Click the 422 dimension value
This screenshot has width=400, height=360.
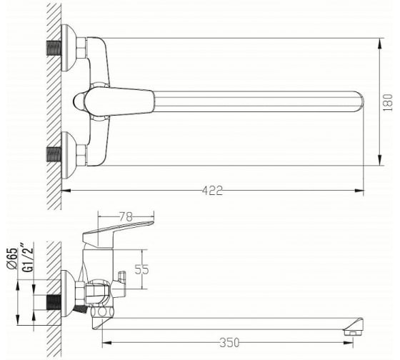click(212, 191)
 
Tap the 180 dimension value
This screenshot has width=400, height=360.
click(388, 103)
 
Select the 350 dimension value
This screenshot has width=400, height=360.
click(229, 343)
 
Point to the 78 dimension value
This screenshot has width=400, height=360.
click(126, 217)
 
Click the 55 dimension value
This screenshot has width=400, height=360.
click(141, 269)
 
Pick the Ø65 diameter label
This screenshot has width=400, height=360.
click(12, 258)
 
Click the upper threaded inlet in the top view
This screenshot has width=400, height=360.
click(54, 48)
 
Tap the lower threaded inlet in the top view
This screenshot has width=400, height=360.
click(54, 154)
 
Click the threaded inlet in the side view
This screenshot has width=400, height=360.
click(54, 302)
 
